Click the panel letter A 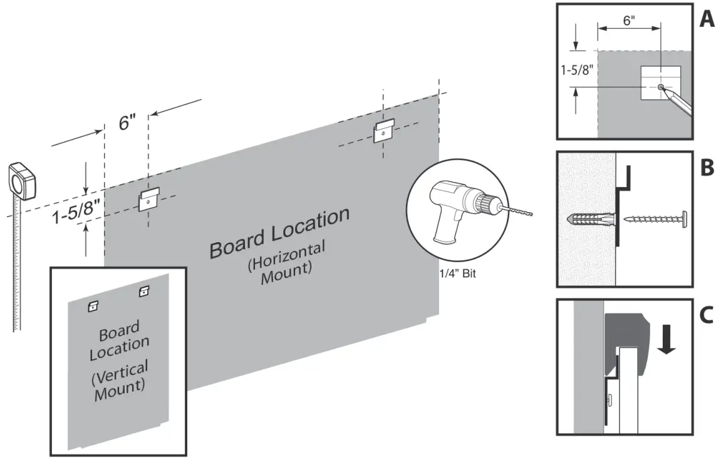(x=706, y=20)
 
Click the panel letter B (x=706, y=168)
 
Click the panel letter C (x=706, y=315)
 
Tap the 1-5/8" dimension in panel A (x=578, y=69)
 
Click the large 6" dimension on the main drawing (x=128, y=123)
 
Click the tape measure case (x=23, y=181)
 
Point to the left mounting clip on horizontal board (x=148, y=201)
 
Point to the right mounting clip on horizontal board (x=383, y=131)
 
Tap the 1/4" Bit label (x=458, y=273)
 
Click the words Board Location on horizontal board (x=279, y=232)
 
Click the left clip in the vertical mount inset (x=93, y=305)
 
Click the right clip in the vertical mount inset (x=144, y=290)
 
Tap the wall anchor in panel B (x=591, y=220)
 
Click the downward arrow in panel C (x=668, y=341)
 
